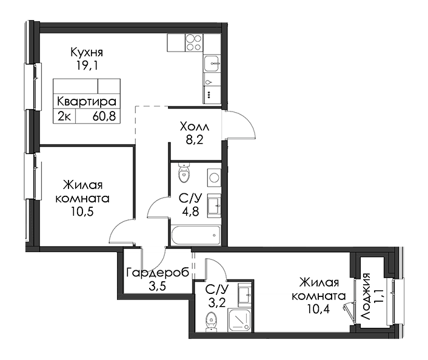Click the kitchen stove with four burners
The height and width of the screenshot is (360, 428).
point(194,42)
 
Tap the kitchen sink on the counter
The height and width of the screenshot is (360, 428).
point(212,64)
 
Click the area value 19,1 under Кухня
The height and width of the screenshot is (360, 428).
point(87,65)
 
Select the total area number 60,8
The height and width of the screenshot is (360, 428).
point(104,116)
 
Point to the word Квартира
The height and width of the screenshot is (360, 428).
point(87,101)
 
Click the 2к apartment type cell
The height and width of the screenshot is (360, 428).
point(64,116)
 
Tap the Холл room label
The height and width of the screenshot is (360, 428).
point(195,127)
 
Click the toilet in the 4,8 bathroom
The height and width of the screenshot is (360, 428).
point(184,173)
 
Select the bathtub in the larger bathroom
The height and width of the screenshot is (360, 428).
point(196,235)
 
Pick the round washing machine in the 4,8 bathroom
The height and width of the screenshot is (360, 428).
point(214,178)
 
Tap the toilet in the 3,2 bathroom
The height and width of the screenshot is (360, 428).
point(211,322)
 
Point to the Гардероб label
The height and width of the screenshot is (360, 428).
point(158,272)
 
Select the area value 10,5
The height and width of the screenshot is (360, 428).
point(82,212)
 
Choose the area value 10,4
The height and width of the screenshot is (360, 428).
point(318,309)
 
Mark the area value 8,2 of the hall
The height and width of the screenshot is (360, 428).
point(195,141)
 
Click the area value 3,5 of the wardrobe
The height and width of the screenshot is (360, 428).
point(158,286)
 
